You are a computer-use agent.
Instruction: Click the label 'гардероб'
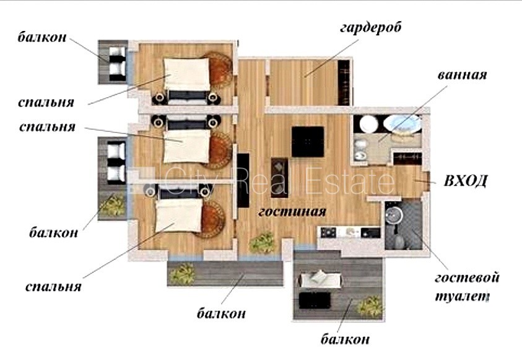click(370, 28)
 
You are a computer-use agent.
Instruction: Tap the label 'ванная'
click(462, 75)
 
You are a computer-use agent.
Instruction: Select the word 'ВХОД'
click(466, 181)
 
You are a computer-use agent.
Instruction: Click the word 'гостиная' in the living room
click(292, 211)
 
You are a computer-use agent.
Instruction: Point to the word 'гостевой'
click(467, 278)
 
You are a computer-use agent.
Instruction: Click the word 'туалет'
click(461, 296)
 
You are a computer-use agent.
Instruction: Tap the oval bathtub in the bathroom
click(402, 124)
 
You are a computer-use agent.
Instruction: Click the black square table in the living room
click(308, 141)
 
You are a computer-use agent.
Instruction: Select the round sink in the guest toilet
click(394, 214)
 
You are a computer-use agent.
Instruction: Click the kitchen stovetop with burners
click(328, 232)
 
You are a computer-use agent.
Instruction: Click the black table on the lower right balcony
click(315, 301)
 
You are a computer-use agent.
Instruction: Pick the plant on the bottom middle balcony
click(182, 273)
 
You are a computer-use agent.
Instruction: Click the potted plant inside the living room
click(263, 242)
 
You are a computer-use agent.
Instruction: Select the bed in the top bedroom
click(188, 79)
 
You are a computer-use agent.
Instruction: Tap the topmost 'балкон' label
click(42, 37)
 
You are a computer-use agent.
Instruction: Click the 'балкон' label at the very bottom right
click(345, 340)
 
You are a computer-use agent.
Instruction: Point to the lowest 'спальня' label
click(53, 286)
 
